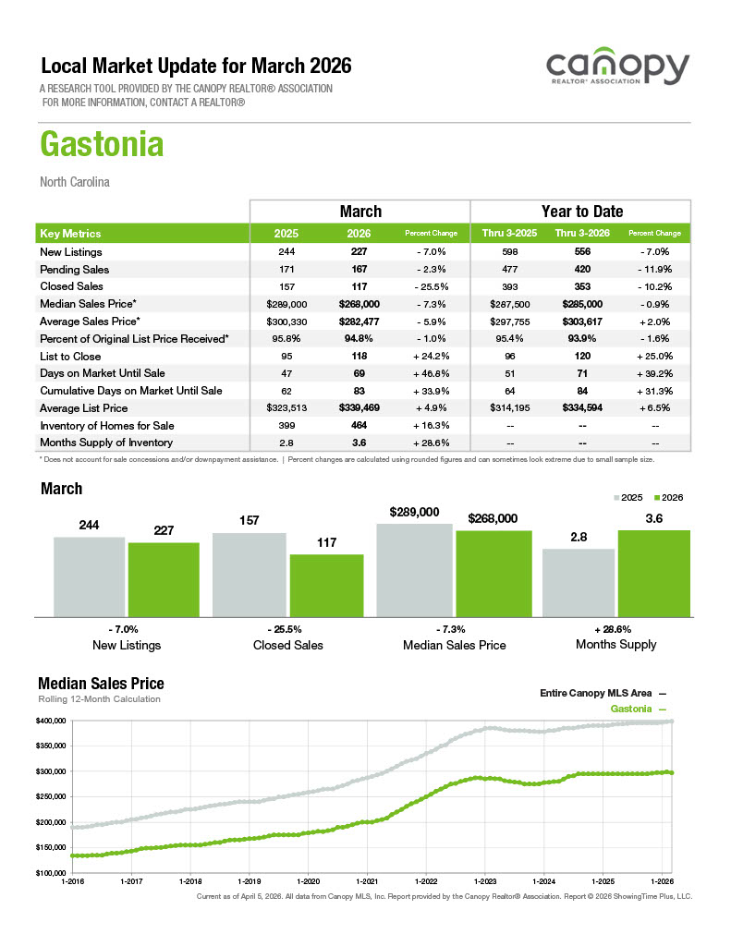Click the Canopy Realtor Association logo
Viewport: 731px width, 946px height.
pos(616,70)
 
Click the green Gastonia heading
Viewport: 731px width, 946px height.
pos(102,145)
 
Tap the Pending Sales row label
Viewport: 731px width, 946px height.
pos(74,270)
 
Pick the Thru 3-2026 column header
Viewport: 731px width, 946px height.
pos(580,234)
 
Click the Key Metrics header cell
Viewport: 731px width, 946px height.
pos(71,234)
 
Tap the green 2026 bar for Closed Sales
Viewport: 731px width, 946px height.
pos(326,585)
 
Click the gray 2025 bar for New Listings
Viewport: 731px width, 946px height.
pos(89,576)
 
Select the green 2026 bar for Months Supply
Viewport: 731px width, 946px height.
pos(653,573)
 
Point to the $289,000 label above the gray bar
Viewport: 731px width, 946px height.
pos(415,512)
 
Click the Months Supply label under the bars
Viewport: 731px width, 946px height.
pos(615,644)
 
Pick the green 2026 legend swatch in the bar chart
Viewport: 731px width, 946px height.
pos(657,498)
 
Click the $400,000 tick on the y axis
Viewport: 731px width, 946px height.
pos(53,721)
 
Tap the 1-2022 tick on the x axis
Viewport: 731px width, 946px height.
pos(425,881)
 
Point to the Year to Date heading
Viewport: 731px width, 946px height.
pos(581,212)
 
